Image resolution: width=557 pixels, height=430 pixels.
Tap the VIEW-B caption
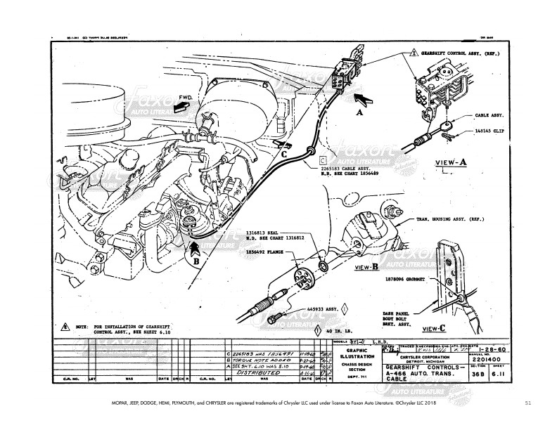click(366, 268)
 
